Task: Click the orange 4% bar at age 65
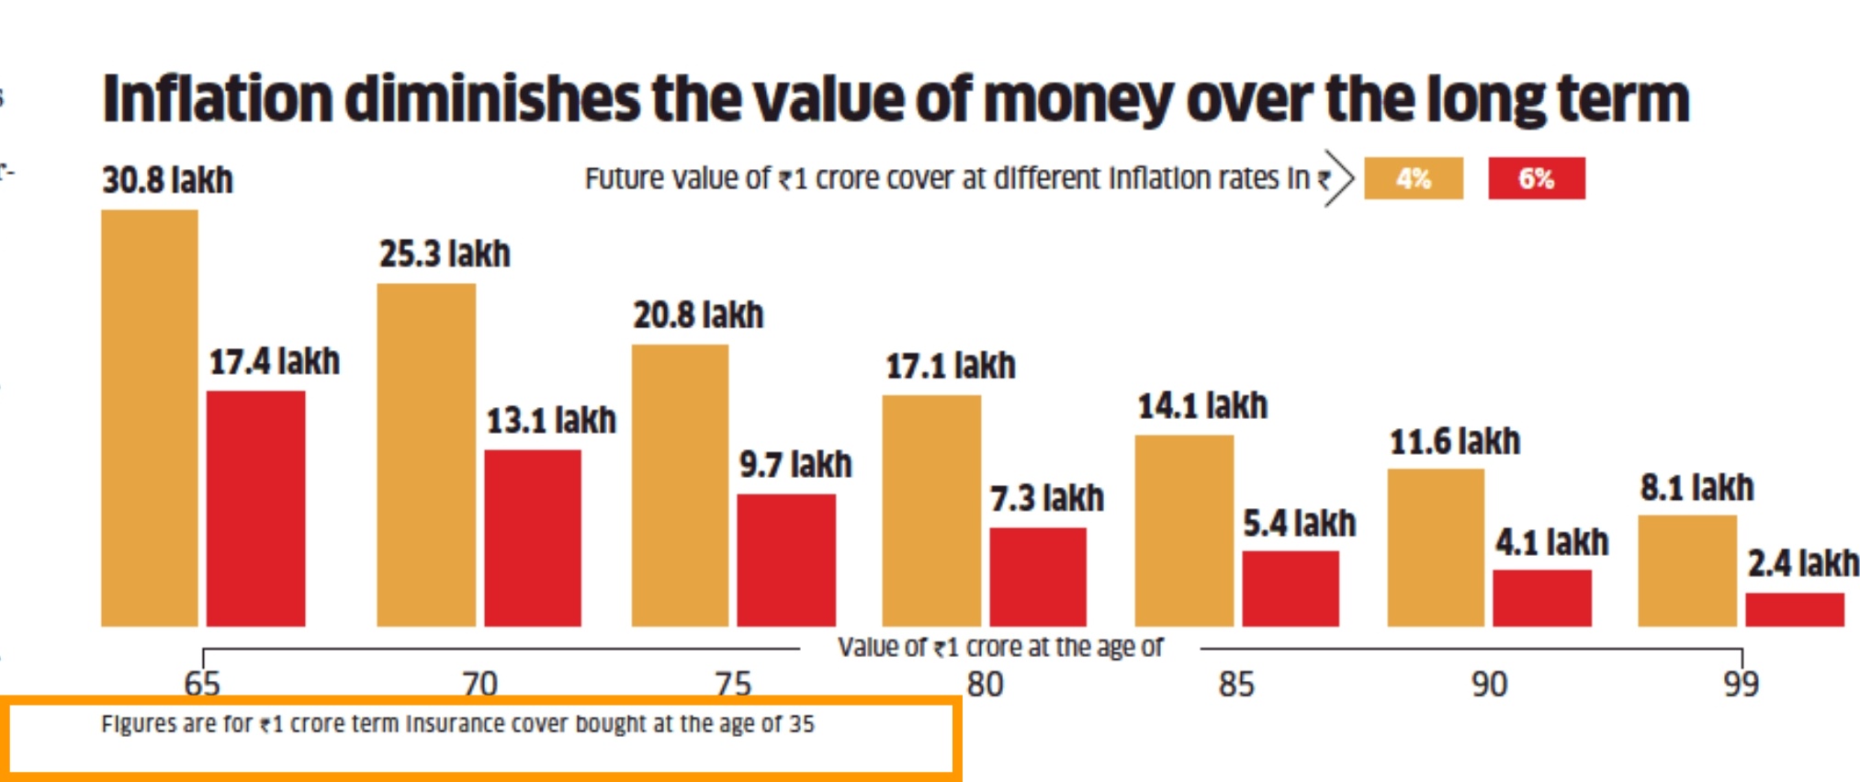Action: (x=149, y=418)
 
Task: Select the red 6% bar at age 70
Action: (x=533, y=538)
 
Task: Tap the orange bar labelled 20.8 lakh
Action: (x=680, y=485)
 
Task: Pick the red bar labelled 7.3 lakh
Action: (x=1038, y=577)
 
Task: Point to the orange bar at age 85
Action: (x=1184, y=530)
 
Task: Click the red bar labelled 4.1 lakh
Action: (x=1542, y=598)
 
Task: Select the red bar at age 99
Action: (x=1795, y=610)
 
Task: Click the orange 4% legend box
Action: (x=1413, y=178)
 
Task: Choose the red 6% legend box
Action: (x=1536, y=178)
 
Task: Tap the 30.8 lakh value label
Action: (x=167, y=180)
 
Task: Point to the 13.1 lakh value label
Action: (x=551, y=421)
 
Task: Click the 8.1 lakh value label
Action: (x=1697, y=488)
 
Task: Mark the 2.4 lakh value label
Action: (x=1803, y=563)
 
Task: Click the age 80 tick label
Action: (x=985, y=685)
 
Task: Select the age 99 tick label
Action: (x=1741, y=685)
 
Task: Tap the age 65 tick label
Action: (x=202, y=685)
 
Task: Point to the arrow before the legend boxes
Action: (x=1338, y=178)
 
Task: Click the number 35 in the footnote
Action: (x=801, y=724)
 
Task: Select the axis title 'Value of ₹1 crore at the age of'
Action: (x=999, y=648)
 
